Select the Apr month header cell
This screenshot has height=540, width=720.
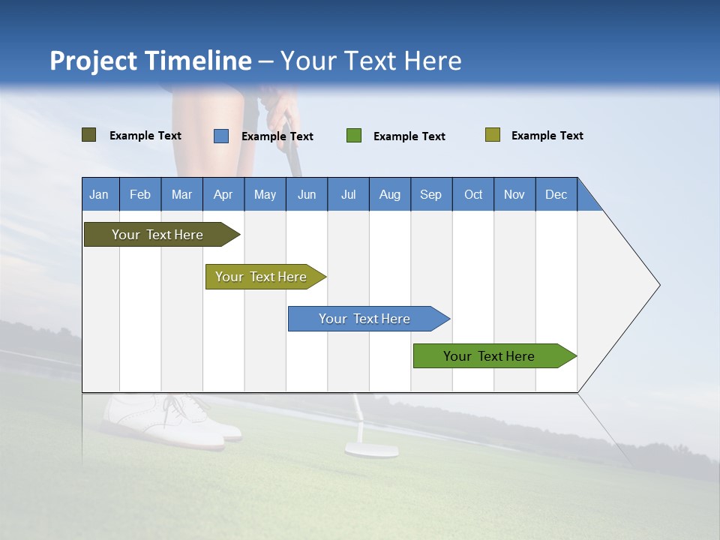pos(223,194)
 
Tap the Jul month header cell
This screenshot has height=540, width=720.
pos(348,194)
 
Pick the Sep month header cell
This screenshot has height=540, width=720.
pos(431,194)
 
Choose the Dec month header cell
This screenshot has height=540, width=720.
pos(556,194)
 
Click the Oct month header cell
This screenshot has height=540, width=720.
pos(473,194)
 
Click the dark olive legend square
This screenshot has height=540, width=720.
pos(88,135)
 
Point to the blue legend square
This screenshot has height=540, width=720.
pos(221,136)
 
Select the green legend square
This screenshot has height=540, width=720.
pos(354,136)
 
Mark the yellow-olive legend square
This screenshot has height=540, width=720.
pos(492,135)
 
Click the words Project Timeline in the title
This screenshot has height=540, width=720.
pos(151,61)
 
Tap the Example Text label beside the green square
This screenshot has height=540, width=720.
pos(409,136)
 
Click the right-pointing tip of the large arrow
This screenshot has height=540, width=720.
pos(658,285)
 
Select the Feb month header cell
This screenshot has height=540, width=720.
pos(140,194)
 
